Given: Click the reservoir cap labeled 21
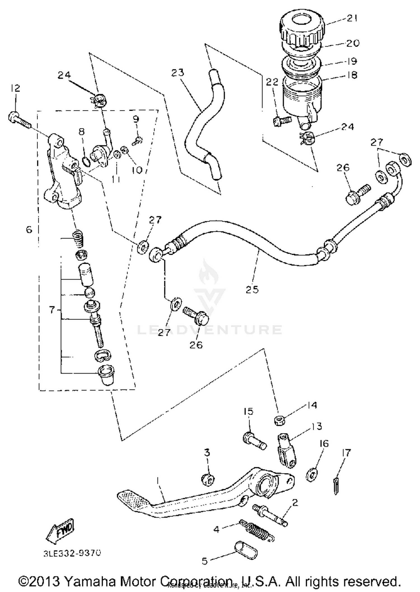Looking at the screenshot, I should coord(302,28).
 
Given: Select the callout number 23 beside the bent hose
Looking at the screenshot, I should coord(178,73).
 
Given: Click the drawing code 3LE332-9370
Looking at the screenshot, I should coord(72,553).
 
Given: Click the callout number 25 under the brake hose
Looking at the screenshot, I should coord(252,289).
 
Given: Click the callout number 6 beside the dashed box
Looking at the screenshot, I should coord(29,230).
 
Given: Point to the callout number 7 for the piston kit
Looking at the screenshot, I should coord(52,310).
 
